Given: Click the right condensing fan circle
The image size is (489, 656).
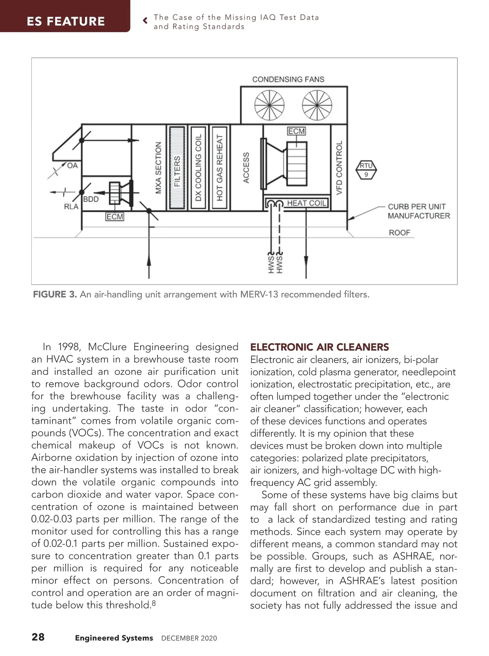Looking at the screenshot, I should click(x=317, y=104).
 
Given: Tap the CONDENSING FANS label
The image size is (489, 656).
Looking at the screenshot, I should click(x=288, y=79).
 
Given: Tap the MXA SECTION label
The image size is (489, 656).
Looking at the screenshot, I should click(x=159, y=168).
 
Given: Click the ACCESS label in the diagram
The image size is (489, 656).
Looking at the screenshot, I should click(x=246, y=168).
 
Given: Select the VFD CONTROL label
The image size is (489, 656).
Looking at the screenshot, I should click(x=339, y=168).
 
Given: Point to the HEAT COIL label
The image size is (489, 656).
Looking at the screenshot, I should click(x=306, y=203).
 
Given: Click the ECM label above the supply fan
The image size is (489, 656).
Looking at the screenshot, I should click(x=296, y=131).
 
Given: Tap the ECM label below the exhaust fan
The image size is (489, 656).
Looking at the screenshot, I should click(x=115, y=217).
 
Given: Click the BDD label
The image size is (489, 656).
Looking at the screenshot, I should click(x=91, y=199).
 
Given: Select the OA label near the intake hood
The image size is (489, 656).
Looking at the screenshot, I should click(x=72, y=165).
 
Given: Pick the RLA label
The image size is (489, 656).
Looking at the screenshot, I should click(x=71, y=207).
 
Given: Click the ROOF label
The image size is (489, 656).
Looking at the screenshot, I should click(x=399, y=233).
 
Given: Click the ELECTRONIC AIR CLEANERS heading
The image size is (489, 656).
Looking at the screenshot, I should click(x=319, y=347).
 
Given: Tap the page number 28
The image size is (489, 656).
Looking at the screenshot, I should click(x=38, y=637).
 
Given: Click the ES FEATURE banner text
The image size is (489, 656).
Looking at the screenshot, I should click(x=66, y=21).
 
